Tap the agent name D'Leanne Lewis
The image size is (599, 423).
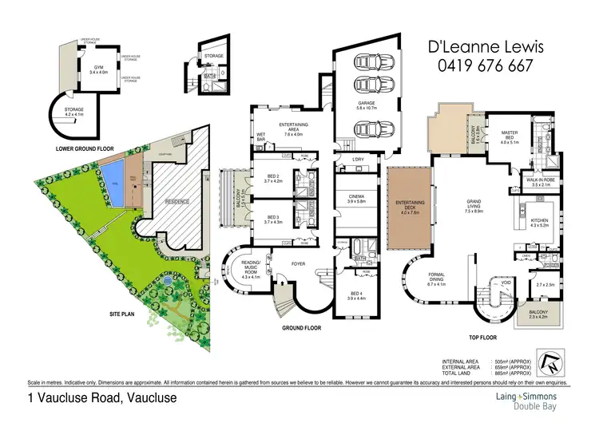(x=486, y=46)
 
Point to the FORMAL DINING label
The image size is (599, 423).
(x=441, y=281)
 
